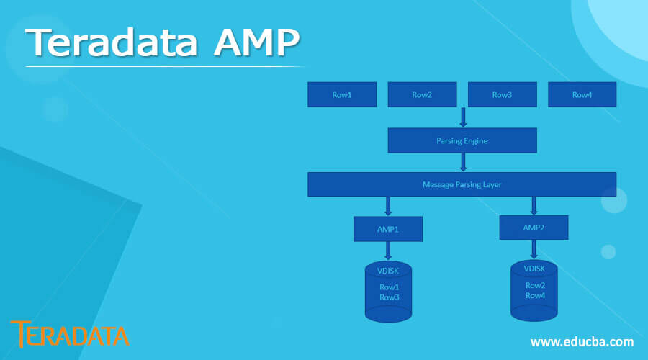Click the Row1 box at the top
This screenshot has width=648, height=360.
click(x=342, y=95)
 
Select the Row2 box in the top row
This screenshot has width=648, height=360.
click(x=422, y=95)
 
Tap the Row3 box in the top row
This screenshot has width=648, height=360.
click(x=502, y=95)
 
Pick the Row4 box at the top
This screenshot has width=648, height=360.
click(x=582, y=95)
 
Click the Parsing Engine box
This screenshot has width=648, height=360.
click(x=462, y=140)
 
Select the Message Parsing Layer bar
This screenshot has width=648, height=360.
click(x=462, y=184)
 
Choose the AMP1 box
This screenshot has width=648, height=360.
click(x=387, y=229)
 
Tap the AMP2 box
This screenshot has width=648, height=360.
click(x=534, y=228)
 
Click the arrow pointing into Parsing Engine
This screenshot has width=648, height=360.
click(x=462, y=117)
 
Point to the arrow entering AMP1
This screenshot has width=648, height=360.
click(x=387, y=206)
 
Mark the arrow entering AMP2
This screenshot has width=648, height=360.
click(x=534, y=205)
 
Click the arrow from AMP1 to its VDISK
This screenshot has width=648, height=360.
click(x=387, y=250)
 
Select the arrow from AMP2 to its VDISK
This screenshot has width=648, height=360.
click(x=534, y=248)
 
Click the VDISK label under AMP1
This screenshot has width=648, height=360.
click(x=388, y=271)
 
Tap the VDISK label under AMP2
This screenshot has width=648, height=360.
click(x=534, y=269)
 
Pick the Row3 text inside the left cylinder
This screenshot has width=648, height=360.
click(x=389, y=297)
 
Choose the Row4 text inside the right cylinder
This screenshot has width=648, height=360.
click(x=535, y=295)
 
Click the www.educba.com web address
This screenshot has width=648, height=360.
click(x=582, y=341)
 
